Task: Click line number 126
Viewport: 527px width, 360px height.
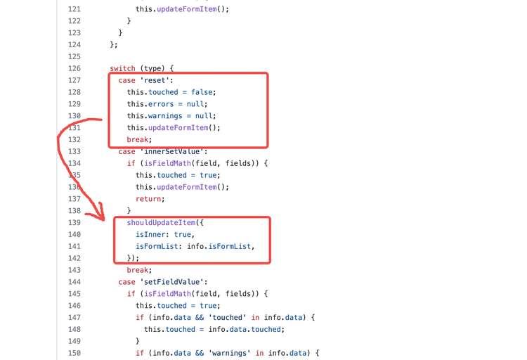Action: pyautogui.click(x=74, y=68)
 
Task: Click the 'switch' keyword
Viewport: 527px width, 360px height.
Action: pyautogui.click(x=123, y=68)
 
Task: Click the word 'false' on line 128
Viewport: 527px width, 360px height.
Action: pyautogui.click(x=203, y=92)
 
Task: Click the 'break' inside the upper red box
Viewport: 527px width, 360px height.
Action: pyautogui.click(x=139, y=140)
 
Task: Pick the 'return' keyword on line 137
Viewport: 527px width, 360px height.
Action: pyautogui.click(x=150, y=199)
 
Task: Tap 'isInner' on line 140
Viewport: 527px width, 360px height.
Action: pyautogui.click(x=152, y=234)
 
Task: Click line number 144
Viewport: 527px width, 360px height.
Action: pyautogui.click(x=74, y=282)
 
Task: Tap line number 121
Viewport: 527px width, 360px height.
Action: pyautogui.click(x=74, y=9)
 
